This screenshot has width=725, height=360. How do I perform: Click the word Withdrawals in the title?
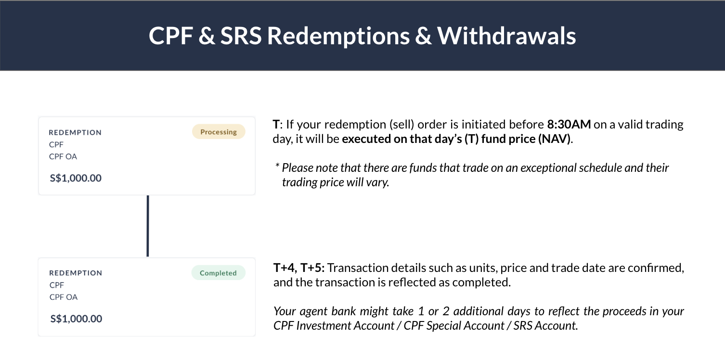pos(506,36)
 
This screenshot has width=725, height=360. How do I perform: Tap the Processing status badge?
pos(219,132)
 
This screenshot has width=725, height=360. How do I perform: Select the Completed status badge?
pos(218,273)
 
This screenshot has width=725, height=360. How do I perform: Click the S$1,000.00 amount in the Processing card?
pos(76,178)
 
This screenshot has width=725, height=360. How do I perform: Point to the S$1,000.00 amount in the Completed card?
pos(76,319)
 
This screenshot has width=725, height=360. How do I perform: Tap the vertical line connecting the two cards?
pos(147,226)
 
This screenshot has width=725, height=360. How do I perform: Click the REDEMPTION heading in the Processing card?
pos(75,132)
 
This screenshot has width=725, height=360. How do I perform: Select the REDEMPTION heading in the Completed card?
pos(76,273)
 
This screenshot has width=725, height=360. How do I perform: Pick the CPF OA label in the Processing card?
pos(63,156)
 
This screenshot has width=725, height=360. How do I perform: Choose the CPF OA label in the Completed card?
pos(64,297)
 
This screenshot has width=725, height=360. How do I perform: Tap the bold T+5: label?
pos(313,268)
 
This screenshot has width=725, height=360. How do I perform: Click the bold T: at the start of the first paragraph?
pos(276,125)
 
